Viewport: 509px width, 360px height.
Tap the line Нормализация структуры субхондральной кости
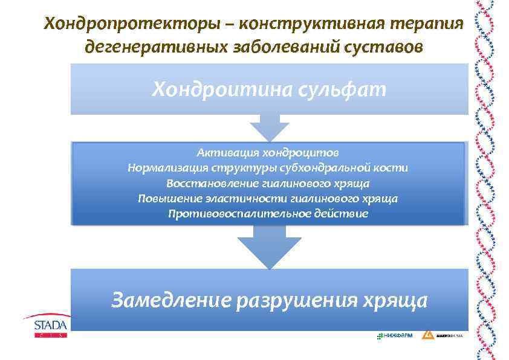click(x=267, y=167)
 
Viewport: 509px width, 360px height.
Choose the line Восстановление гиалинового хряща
click(x=267, y=183)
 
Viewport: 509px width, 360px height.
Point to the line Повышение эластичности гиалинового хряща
click(x=267, y=198)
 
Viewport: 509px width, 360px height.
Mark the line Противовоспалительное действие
click(x=267, y=214)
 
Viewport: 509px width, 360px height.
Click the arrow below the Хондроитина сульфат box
click(x=269, y=127)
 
